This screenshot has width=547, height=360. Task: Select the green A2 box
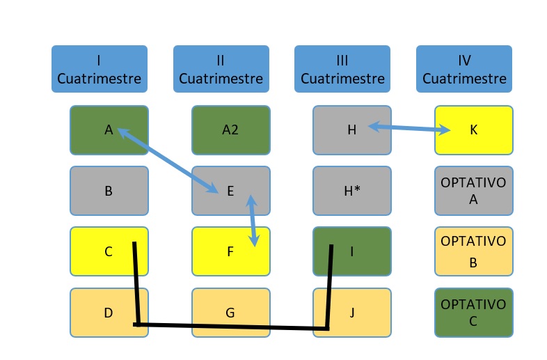click(230, 130)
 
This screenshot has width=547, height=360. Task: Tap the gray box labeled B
click(109, 191)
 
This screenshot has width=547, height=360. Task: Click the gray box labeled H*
click(351, 191)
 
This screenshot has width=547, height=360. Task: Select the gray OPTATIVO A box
click(473, 191)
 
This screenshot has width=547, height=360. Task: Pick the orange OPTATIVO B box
click(473, 251)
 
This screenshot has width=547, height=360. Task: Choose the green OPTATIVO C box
click(473, 313)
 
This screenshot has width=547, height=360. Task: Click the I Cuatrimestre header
click(99, 69)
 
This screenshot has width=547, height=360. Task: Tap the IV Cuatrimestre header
click(464, 69)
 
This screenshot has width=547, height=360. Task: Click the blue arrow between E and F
click(252, 221)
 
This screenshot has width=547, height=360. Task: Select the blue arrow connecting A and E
click(168, 159)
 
